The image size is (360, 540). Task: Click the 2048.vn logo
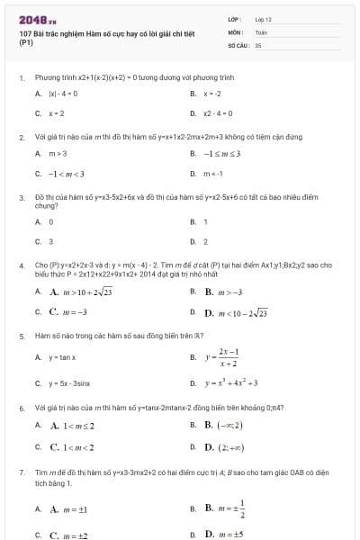point(37,18)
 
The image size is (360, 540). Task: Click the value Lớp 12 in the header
point(263,18)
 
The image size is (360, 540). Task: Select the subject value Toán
point(261,31)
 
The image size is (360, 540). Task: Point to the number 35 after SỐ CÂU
point(258,43)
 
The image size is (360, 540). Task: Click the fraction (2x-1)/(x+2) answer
point(228,357)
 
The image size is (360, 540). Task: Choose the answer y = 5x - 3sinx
point(69,382)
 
